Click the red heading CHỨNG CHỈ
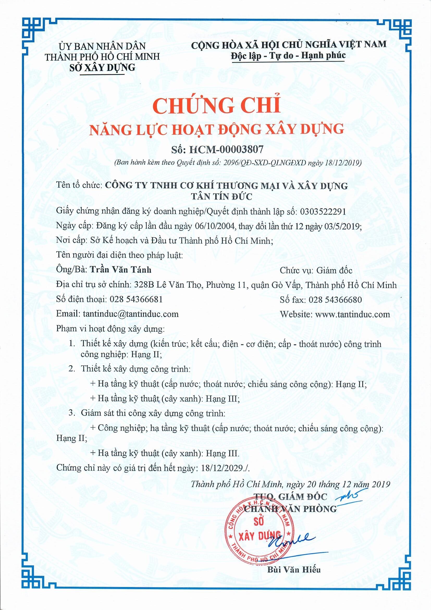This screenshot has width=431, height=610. (215, 106)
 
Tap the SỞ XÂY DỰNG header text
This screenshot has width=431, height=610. (102, 68)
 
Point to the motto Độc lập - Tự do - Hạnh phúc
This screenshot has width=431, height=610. (288, 55)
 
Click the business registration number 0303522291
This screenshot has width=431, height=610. (323, 212)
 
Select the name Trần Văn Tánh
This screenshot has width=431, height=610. (121, 270)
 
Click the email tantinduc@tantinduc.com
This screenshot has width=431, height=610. (131, 314)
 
